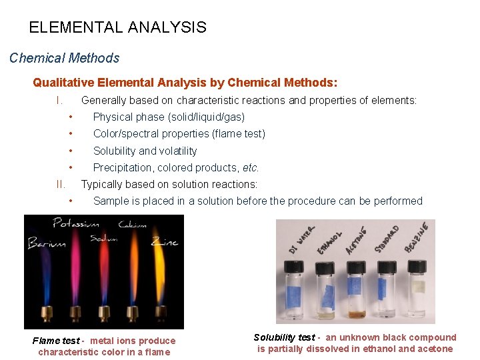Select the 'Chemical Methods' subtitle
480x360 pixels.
coord(64,58)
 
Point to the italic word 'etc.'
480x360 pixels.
coord(251,167)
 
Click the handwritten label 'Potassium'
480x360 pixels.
coord(77,223)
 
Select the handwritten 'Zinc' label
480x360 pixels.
coord(164,241)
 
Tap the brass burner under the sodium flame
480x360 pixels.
coord(105,313)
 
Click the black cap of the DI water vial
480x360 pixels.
coord(295,266)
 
